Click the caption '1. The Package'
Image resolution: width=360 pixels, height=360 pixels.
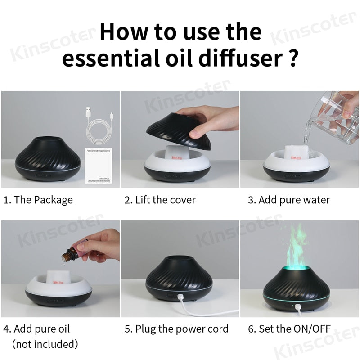tap(38, 200)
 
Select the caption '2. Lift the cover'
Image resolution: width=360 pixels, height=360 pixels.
tap(160, 200)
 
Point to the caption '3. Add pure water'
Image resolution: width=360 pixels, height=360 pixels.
tap(289, 200)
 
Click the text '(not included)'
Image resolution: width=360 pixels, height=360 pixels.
tap(45, 344)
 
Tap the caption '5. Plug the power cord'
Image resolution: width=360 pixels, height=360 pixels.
tap(176, 329)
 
